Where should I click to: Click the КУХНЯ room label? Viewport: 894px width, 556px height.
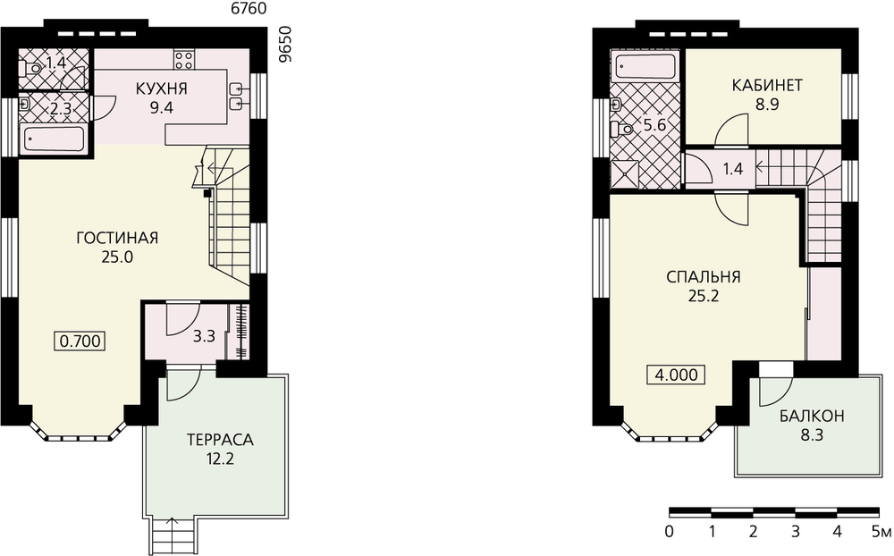point(162,88)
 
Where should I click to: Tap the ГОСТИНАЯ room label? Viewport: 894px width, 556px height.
point(117,238)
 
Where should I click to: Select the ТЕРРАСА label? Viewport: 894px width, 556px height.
point(220,440)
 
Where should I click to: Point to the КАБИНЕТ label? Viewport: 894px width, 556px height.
point(767,86)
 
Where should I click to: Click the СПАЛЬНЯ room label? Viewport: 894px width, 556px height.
point(704,277)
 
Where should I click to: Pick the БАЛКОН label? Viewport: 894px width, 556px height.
point(812,417)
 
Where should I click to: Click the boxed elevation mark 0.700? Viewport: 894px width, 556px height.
point(80,341)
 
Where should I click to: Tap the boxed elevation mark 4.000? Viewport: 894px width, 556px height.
point(676,375)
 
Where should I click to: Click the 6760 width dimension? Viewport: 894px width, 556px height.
point(247,8)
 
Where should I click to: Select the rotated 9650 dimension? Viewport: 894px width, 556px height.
point(285,43)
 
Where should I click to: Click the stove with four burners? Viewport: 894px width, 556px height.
point(183,60)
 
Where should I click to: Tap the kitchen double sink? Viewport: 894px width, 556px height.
point(239,97)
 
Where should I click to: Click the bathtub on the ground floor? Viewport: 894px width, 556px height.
point(55,139)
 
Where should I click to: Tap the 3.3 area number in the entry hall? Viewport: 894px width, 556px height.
point(204,336)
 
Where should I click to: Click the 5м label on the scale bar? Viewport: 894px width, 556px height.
point(881,532)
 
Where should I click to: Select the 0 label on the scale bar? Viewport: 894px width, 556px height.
point(670,532)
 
